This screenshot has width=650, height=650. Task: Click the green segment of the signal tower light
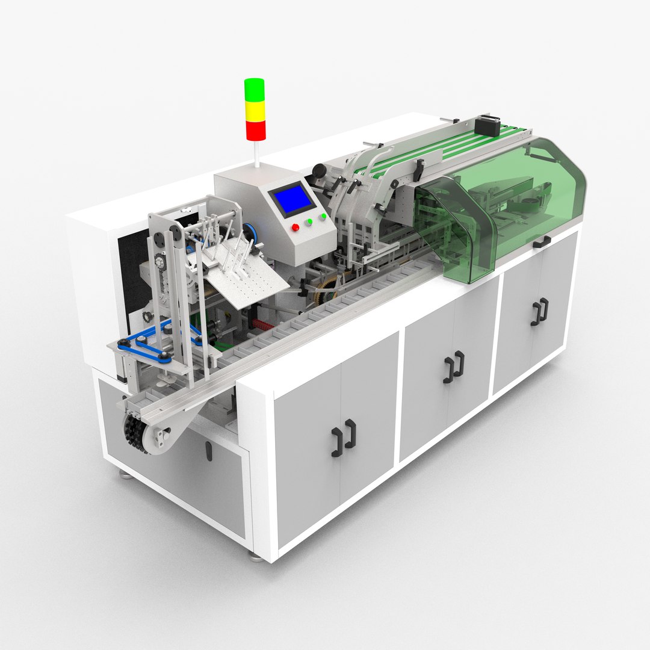pos(254,90)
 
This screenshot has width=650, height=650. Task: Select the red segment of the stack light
pos(255,130)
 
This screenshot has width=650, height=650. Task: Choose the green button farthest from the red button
pos(323,216)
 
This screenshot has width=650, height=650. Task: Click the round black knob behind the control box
pos(317,173)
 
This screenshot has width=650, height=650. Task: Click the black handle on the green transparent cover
pos(542,242)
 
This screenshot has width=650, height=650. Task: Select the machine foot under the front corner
pos(256,557)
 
